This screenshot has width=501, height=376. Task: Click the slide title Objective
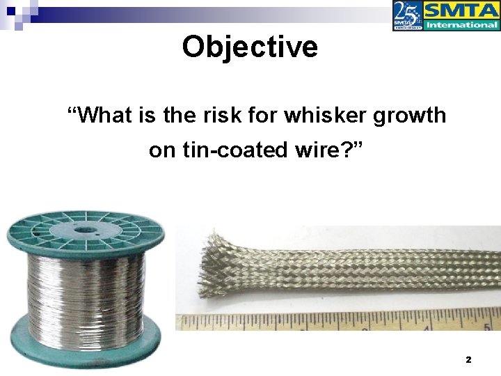250,47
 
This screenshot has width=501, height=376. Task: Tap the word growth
410,115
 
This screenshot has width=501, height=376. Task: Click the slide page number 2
468,360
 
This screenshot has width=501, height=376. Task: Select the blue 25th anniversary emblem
407,15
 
